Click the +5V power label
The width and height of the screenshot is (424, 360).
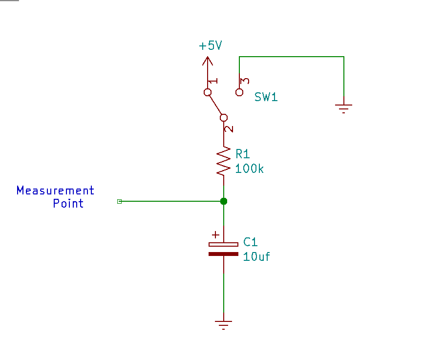tap(210, 46)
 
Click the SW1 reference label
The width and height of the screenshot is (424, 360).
tap(266, 97)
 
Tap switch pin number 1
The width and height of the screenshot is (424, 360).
tap(214, 81)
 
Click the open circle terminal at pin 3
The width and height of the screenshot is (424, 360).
tap(239, 92)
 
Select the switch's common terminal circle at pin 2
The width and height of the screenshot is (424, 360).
tap(224, 117)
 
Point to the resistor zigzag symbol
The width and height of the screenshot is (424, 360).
tap(224, 161)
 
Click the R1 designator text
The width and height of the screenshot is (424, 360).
tap(243, 154)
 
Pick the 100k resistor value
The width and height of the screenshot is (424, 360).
tap(249, 169)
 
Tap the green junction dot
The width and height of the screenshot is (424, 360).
tap(224, 201)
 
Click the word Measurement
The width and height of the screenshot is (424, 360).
tap(55, 190)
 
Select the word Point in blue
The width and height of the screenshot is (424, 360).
tap(68, 203)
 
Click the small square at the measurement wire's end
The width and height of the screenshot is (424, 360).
tap(119, 201)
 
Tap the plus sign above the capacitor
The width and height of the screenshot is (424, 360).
tap(215, 234)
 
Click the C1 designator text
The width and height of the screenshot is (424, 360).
tap(250, 242)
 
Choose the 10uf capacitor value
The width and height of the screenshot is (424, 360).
tap(256, 256)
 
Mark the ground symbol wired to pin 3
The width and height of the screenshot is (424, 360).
tap(344, 107)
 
